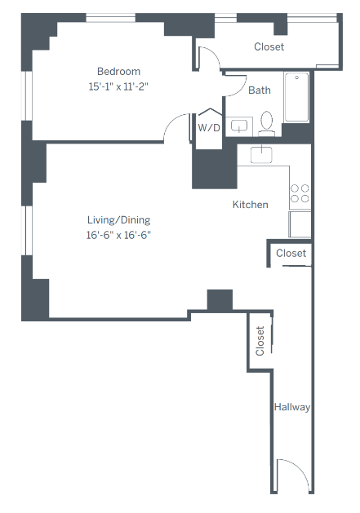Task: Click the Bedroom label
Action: click(118, 71)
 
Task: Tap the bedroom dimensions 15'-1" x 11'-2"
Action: click(118, 86)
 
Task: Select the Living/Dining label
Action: click(119, 219)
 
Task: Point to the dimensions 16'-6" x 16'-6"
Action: click(119, 235)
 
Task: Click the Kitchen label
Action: click(250, 204)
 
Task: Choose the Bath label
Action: click(260, 91)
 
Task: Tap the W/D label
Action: click(209, 128)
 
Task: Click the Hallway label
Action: click(292, 407)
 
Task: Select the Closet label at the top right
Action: click(269, 46)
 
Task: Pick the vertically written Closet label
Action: click(260, 341)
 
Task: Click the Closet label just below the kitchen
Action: click(291, 254)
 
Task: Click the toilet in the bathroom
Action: click(266, 123)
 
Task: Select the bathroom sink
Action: click(239, 126)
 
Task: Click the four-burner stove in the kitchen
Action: click(300, 193)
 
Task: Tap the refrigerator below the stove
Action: click(300, 223)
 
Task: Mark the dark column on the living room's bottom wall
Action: click(220, 300)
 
